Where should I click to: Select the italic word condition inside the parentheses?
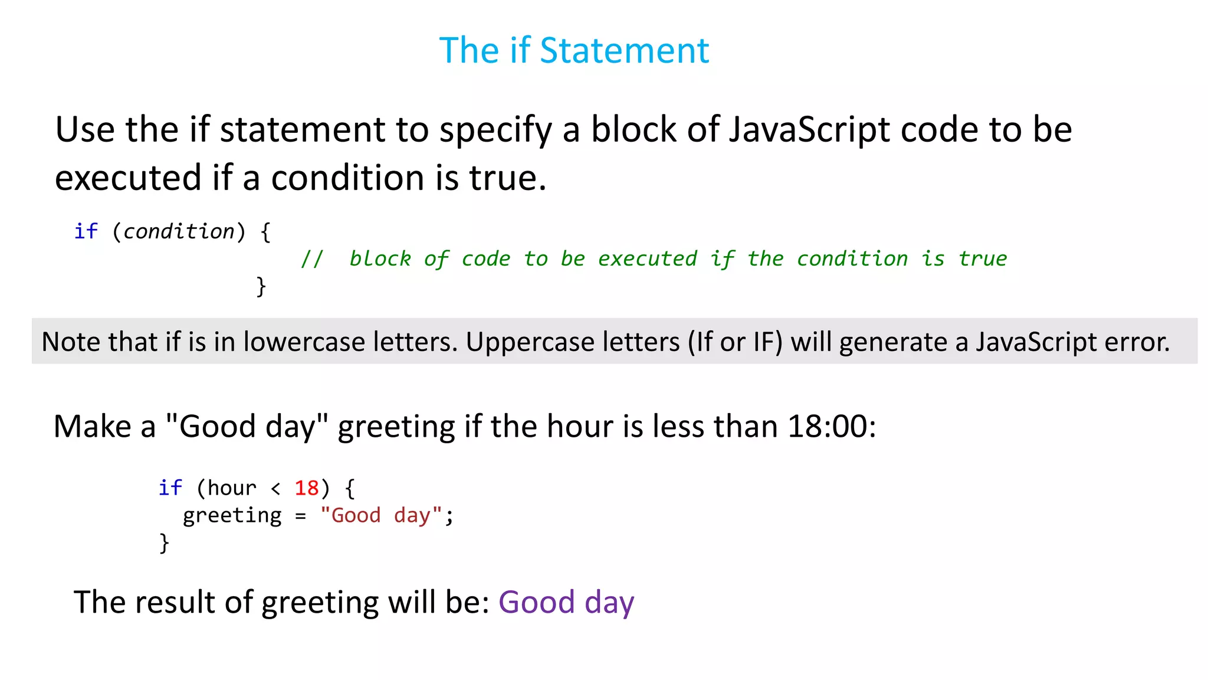pyautogui.click(x=179, y=231)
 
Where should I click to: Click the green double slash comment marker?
pyautogui.click(x=312, y=259)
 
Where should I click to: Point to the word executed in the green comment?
pyautogui.click(x=647, y=259)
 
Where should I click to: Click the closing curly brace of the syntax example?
pyautogui.click(x=261, y=287)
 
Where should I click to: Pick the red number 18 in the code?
pyautogui.click(x=307, y=488)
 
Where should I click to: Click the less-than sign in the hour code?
pyautogui.click(x=275, y=489)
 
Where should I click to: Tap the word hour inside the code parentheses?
pyautogui.click(x=232, y=488)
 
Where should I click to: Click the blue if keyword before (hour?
pyautogui.click(x=170, y=488)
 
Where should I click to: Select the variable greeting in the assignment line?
pyautogui.click(x=232, y=516)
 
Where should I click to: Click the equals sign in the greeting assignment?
pyautogui.click(x=301, y=516)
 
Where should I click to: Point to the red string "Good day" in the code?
pyautogui.click(x=380, y=515)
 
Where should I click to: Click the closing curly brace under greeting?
pyautogui.click(x=164, y=543)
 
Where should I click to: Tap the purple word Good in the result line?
pyautogui.click(x=536, y=603)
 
